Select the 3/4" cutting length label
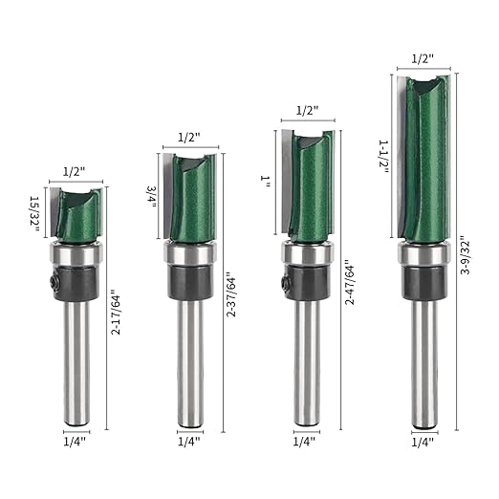click(151, 197)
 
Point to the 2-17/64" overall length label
click(116, 312)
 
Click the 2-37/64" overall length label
click(230, 294)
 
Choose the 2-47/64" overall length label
click(350, 282)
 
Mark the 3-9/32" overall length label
click(465, 255)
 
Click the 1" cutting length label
click(265, 182)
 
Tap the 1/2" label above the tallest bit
click(423, 58)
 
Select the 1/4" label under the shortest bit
click(75, 442)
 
